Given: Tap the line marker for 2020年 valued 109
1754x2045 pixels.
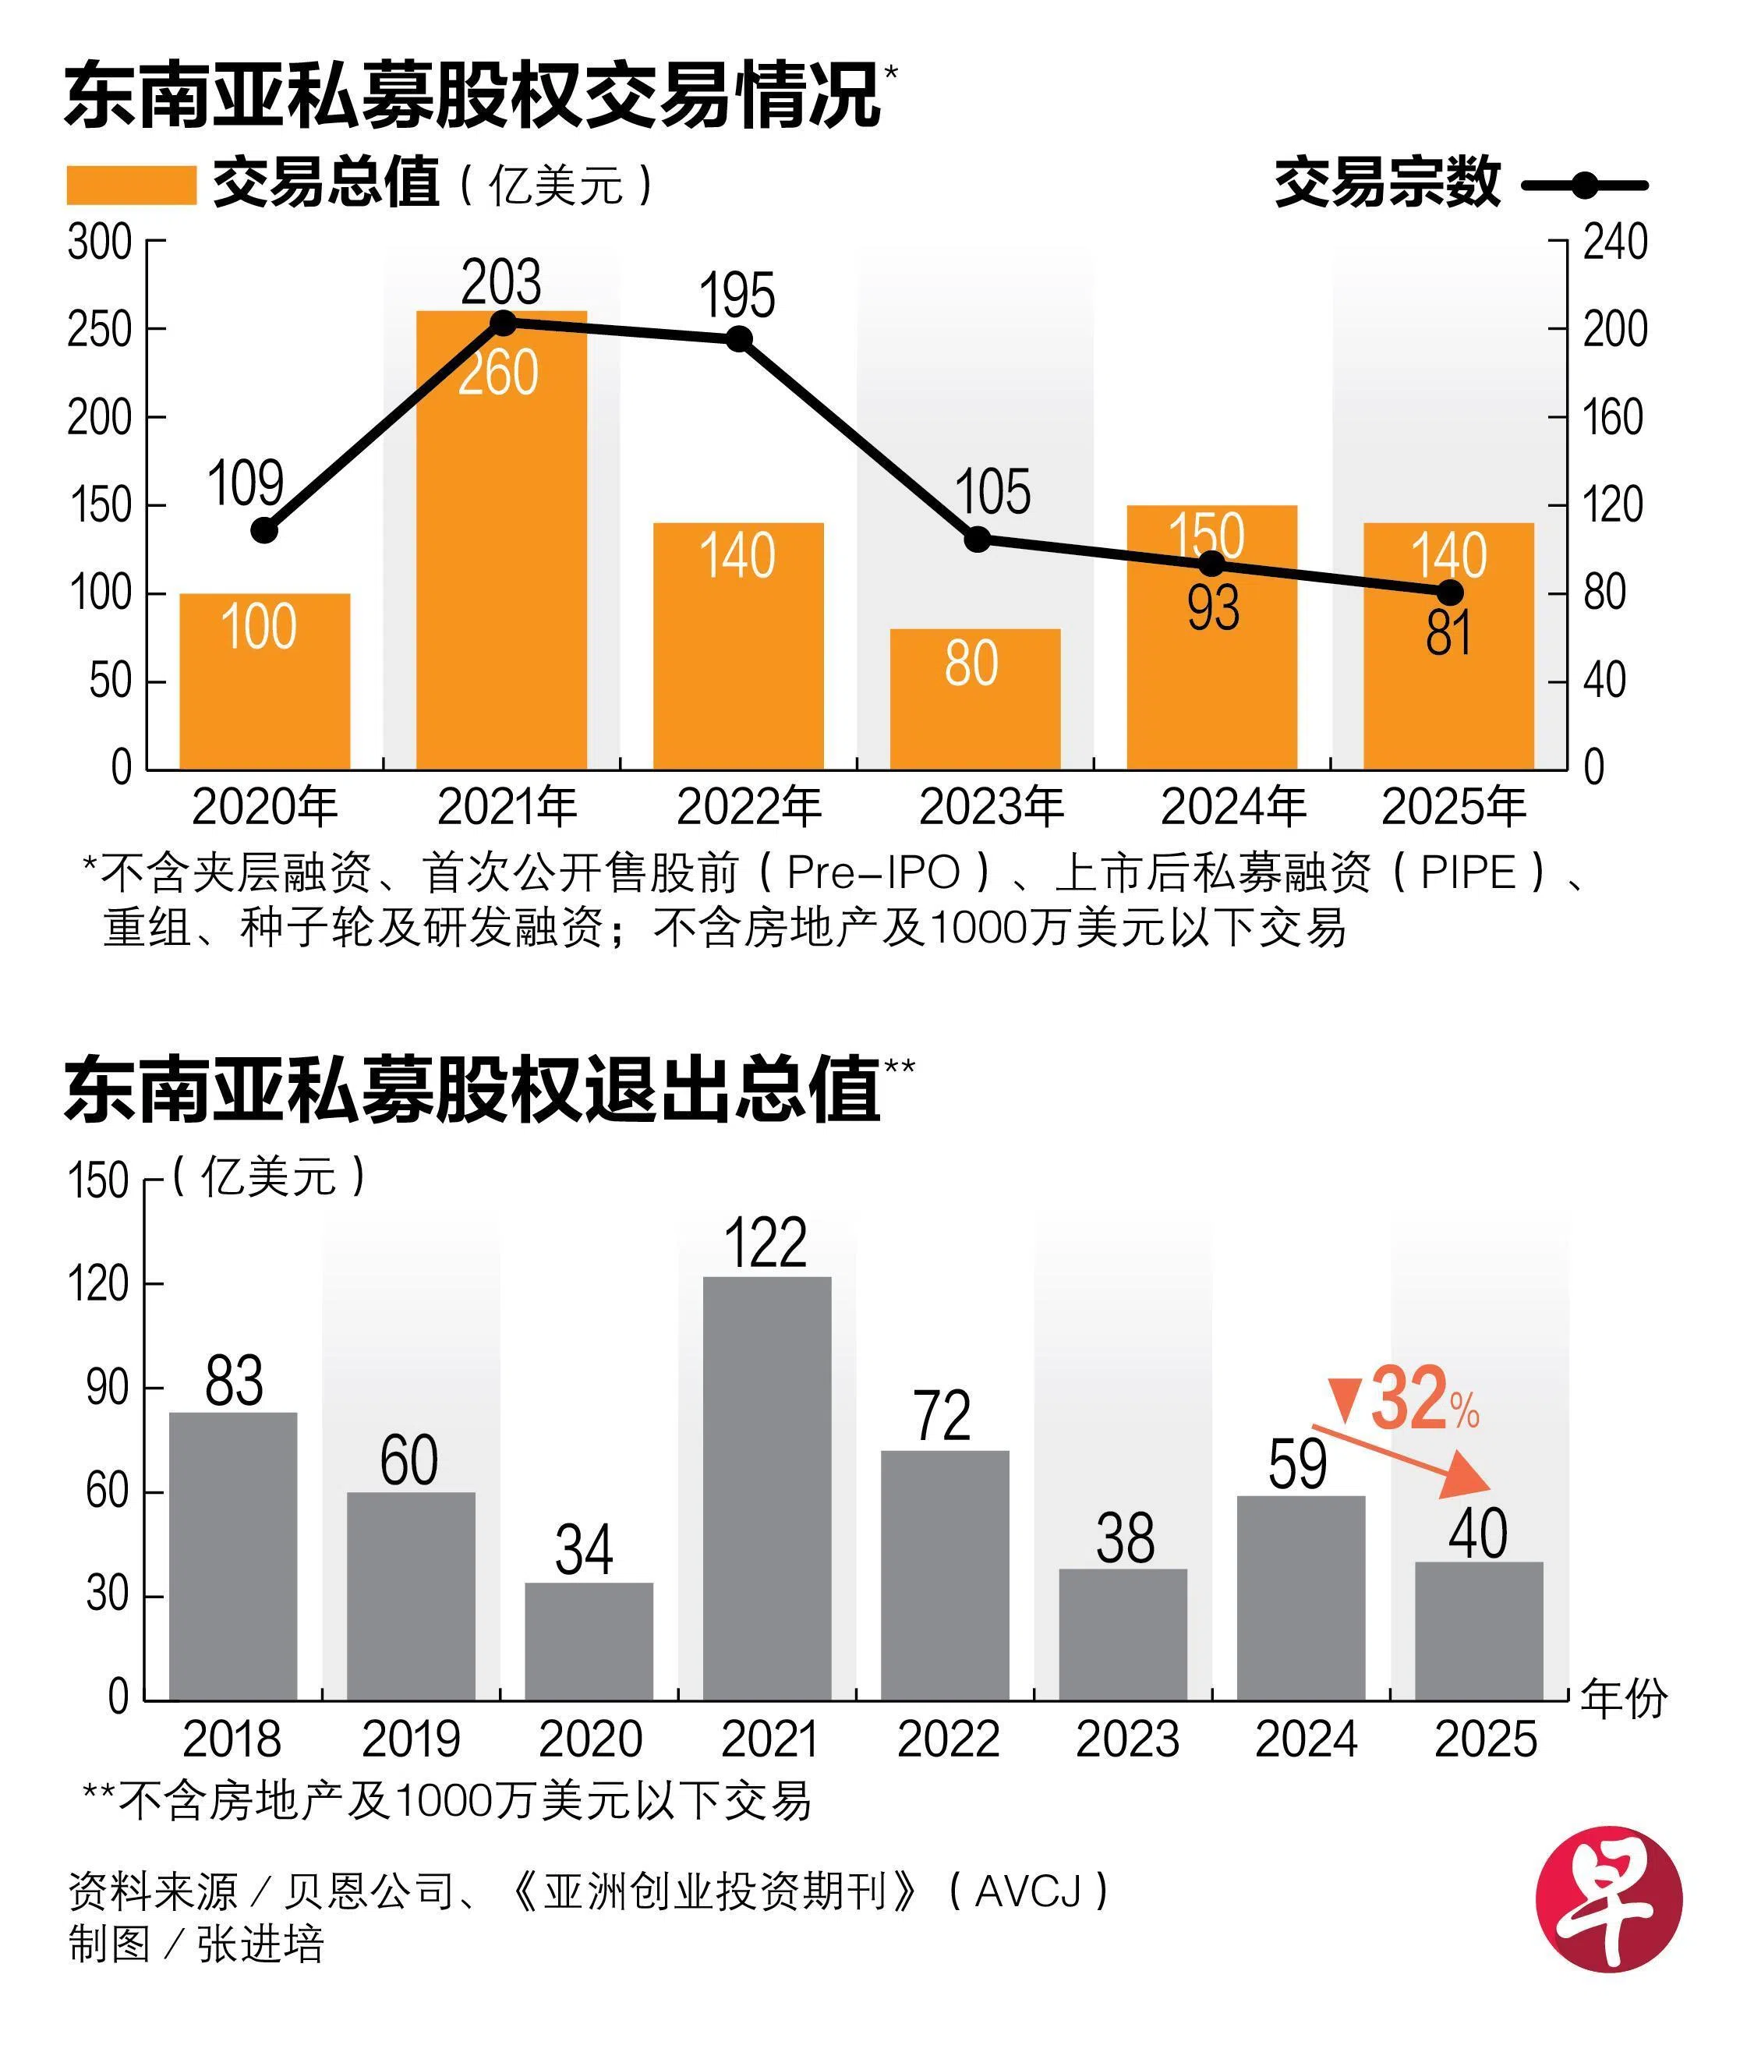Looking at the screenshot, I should tap(263, 530).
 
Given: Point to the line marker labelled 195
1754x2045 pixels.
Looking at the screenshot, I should tap(739, 339).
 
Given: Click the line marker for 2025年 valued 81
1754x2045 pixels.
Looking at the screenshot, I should tap(1449, 593).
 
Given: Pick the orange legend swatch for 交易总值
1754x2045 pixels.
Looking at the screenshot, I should tap(131, 185).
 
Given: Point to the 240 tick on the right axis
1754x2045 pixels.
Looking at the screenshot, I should tap(1614, 242).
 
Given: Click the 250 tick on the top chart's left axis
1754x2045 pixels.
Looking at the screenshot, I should tap(100, 330).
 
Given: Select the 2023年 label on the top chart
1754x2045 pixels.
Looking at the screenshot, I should tap(992, 808).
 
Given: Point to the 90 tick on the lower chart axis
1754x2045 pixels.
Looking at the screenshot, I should tap(108, 1388).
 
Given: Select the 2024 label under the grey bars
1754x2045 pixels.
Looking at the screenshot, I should tap(1306, 1739).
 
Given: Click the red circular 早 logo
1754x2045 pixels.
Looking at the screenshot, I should tap(1608, 1899).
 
